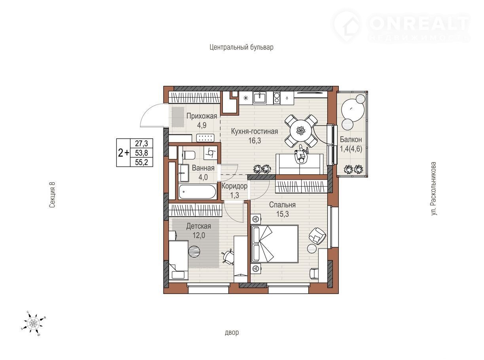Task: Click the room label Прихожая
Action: (201, 116)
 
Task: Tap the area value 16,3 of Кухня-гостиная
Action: (254, 141)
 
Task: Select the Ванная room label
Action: (203, 168)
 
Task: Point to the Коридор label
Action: (234, 186)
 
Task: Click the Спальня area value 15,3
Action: (283, 214)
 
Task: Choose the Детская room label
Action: (198, 226)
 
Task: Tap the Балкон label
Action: (351, 139)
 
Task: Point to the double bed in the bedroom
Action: (275, 244)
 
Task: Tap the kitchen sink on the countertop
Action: (260, 98)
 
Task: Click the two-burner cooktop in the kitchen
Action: (277, 98)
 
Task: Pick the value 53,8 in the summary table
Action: (141, 153)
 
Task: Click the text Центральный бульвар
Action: (241, 47)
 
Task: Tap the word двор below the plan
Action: (232, 332)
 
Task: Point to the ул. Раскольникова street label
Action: (434, 189)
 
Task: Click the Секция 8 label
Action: (52, 195)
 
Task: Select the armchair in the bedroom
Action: (317, 236)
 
